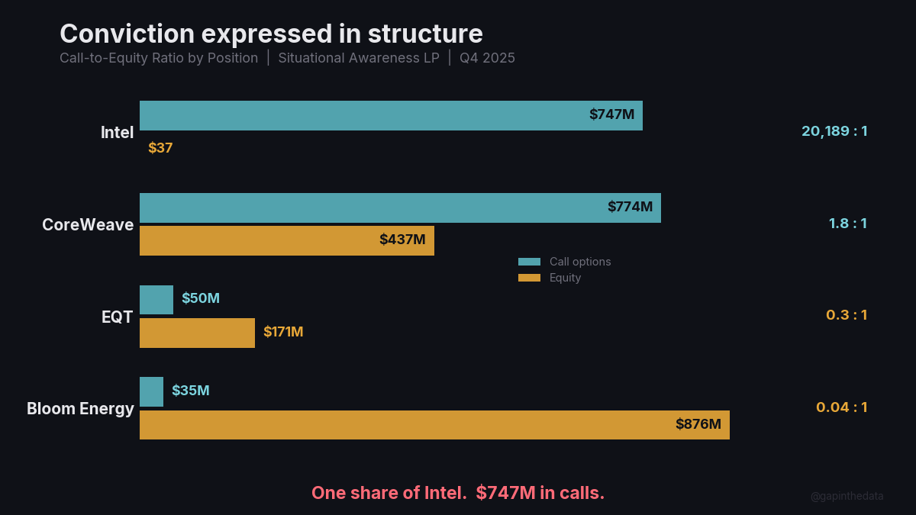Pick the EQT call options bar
point(156,300)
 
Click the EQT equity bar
point(197,333)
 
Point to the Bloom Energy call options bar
point(151,391)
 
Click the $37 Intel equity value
point(160,148)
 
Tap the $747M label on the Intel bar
point(611,115)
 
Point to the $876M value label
point(698,424)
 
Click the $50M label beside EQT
point(201,298)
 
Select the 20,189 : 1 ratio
point(834,131)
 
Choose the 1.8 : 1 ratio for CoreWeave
point(847,224)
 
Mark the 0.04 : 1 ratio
point(841,407)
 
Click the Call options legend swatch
point(529,262)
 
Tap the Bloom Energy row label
point(80,409)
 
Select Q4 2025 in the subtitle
point(487,58)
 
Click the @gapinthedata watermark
point(847,496)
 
